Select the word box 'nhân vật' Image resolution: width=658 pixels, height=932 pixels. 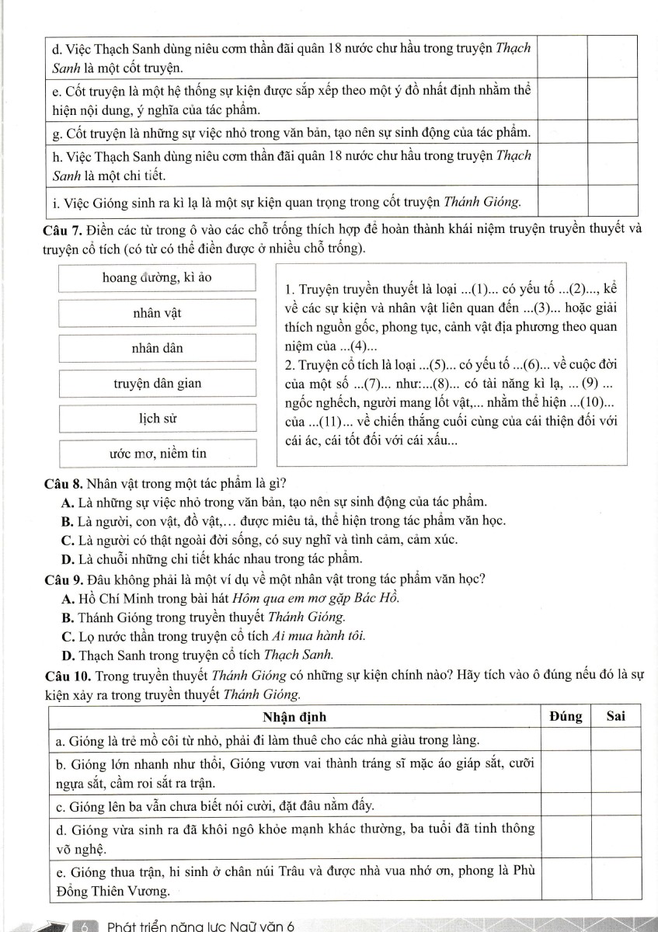point(157,313)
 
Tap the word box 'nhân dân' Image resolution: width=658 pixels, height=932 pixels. point(157,348)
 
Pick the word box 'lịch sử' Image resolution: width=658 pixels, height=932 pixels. point(157,419)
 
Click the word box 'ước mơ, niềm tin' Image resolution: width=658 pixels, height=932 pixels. point(157,452)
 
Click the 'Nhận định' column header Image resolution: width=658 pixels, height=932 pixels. point(294,716)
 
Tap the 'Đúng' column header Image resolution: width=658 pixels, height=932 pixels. point(565,716)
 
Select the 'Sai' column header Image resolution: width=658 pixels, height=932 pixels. point(616,716)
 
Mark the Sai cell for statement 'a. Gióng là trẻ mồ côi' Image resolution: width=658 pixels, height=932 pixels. point(616,736)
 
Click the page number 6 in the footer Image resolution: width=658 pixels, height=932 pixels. point(86,926)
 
